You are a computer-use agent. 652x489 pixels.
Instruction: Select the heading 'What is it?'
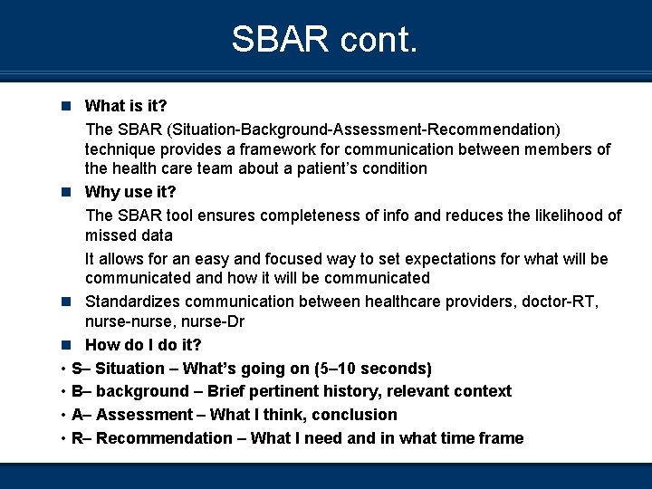131,107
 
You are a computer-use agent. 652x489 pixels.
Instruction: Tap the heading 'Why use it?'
130,192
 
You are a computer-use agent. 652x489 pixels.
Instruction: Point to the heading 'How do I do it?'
143,345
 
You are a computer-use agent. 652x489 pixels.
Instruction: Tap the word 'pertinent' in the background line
289,391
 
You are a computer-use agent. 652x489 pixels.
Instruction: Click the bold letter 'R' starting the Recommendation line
77,438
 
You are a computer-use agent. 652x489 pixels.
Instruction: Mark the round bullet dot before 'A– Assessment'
61,415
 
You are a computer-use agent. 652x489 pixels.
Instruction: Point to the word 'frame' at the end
502,438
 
